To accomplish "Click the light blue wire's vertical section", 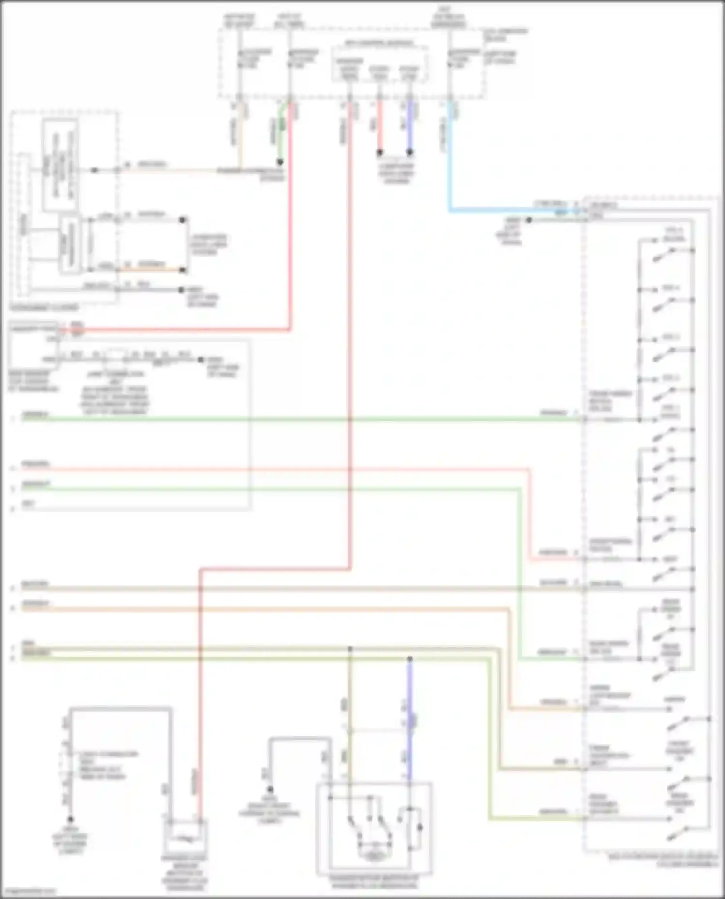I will pos(450,159).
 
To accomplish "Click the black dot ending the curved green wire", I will pos(280,162).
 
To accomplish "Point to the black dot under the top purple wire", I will pos(410,153).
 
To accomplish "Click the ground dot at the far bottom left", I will pos(71,819).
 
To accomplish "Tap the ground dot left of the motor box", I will pos(270,789).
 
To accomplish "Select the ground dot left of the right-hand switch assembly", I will pos(529,220).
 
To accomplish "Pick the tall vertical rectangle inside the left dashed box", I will pos(60,165).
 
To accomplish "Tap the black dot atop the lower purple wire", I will pos(410,659).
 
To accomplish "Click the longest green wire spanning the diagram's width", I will pos(290,419).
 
